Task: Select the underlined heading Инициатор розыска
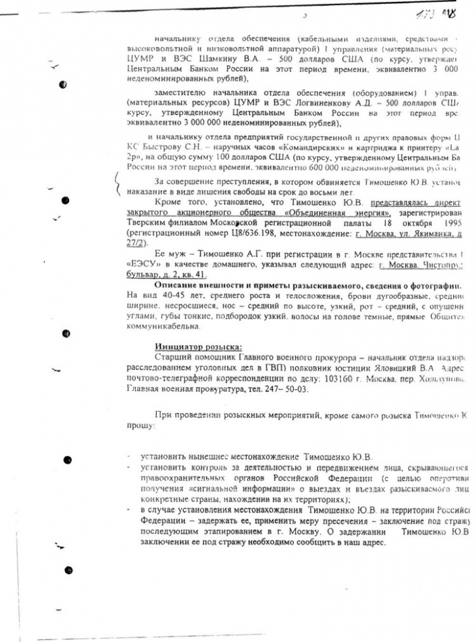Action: pyautogui.click(x=198, y=346)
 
